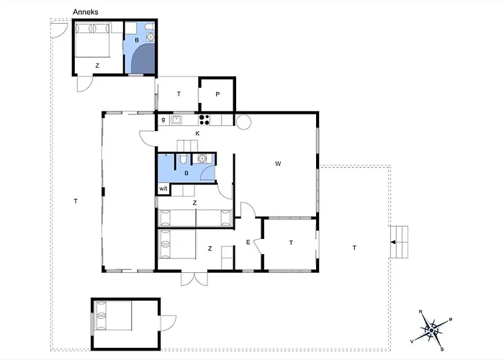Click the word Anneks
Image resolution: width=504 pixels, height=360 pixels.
pos(85,12)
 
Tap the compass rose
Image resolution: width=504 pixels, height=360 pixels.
pos(431,330)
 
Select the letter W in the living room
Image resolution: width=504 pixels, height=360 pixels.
pos(278,163)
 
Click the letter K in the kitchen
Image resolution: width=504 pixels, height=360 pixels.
pos(198,133)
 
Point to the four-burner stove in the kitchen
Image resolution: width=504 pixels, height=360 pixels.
pos(204,120)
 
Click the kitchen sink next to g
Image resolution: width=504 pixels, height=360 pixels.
pos(177,120)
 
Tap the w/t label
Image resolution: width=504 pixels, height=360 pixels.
pos(163,189)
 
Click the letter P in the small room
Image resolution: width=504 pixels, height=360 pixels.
pos(217,94)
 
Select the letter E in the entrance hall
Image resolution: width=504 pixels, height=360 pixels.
pos(248,243)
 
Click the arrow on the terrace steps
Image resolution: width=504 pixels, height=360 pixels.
pos(393,242)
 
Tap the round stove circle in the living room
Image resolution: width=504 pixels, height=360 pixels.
pos(243,122)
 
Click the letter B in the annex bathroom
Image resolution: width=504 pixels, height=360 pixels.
pos(137,40)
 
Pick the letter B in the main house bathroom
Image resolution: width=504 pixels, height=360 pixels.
pos(186,174)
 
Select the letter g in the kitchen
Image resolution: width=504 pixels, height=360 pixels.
pos(163,120)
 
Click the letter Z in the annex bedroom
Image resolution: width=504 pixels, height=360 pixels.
pos(97,66)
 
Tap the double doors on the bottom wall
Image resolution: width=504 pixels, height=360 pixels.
pos(194,279)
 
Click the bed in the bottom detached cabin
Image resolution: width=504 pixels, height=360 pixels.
pos(112,315)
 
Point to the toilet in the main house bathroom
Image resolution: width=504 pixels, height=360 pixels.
pos(183,158)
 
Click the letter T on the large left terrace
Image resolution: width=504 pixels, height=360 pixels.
pos(76,201)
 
